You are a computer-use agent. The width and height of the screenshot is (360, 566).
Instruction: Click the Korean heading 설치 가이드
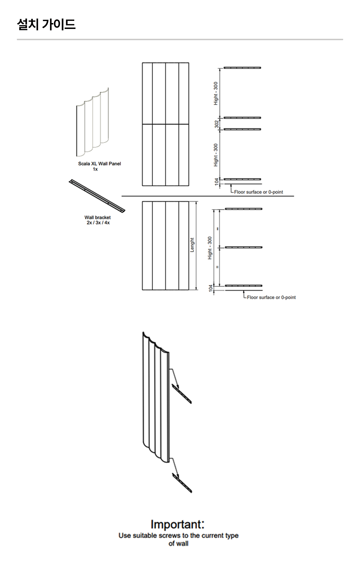click(46, 24)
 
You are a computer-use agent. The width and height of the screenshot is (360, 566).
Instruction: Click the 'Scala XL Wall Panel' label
click(99, 164)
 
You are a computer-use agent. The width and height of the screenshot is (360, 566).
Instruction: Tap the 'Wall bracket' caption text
click(97, 217)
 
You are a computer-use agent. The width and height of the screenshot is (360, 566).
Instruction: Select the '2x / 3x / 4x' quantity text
click(98, 223)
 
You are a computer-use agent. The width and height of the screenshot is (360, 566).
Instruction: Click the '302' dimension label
click(216, 124)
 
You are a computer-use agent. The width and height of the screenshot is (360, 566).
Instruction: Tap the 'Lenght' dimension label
click(192, 245)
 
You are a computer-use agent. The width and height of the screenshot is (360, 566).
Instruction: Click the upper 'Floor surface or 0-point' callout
click(258, 192)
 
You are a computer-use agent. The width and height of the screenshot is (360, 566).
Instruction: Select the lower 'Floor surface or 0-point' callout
click(271, 297)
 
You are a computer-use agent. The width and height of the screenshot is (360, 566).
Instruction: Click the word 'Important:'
click(177, 524)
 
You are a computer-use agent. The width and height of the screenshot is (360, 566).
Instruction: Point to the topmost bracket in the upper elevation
click(242, 68)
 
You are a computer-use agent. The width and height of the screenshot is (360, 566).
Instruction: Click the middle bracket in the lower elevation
click(244, 247)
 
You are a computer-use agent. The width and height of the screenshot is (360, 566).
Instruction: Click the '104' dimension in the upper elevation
click(216, 182)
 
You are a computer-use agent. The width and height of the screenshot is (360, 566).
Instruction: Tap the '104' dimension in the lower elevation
click(210, 288)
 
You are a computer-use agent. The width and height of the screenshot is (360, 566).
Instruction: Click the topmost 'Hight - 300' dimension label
click(216, 93)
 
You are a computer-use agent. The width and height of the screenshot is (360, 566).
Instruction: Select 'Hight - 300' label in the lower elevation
click(210, 248)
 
